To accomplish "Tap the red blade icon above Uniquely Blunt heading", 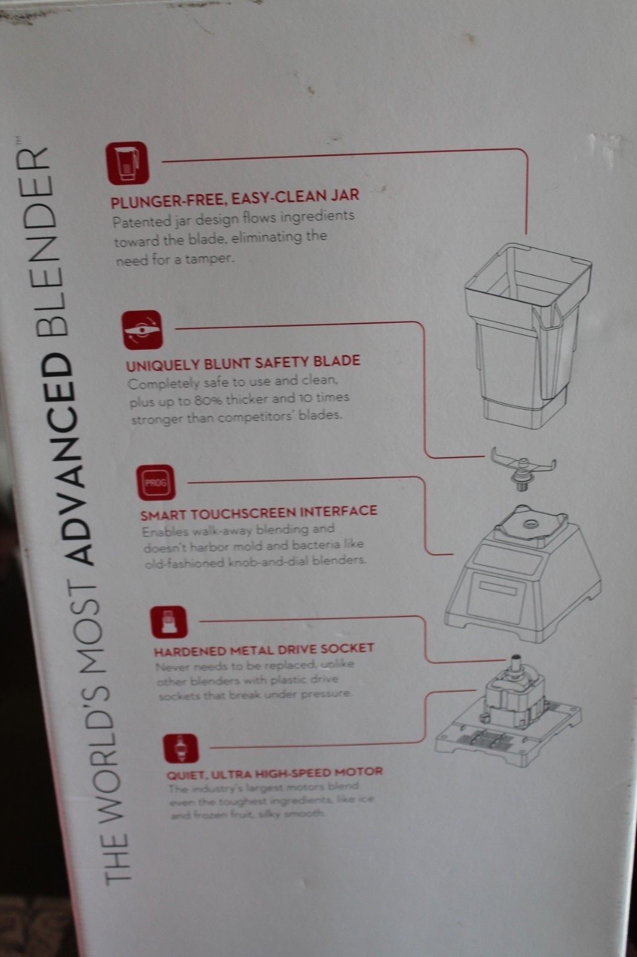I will coord(143,330).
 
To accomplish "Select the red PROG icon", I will coord(156,483).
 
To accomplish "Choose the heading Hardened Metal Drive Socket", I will coord(264,650).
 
